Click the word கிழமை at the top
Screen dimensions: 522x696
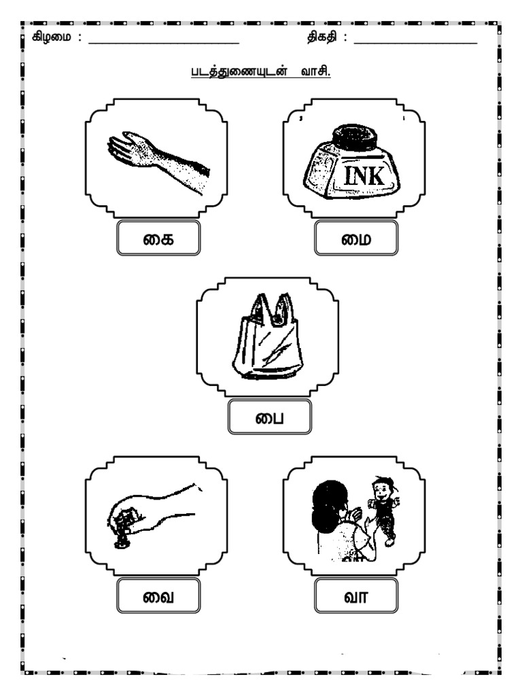coord(51,37)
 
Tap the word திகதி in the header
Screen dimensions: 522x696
coord(321,37)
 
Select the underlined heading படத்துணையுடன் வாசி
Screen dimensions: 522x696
coord(261,71)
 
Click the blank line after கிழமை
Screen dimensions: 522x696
coord(164,43)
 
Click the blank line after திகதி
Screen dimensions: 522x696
coord(415,43)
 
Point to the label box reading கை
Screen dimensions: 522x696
coord(158,238)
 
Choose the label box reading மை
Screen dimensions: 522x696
coord(356,238)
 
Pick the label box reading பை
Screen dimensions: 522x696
coord(269,417)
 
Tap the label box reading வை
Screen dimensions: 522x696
coord(158,595)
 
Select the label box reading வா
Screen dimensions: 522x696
coord(356,595)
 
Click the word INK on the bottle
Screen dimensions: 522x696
coord(364,176)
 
